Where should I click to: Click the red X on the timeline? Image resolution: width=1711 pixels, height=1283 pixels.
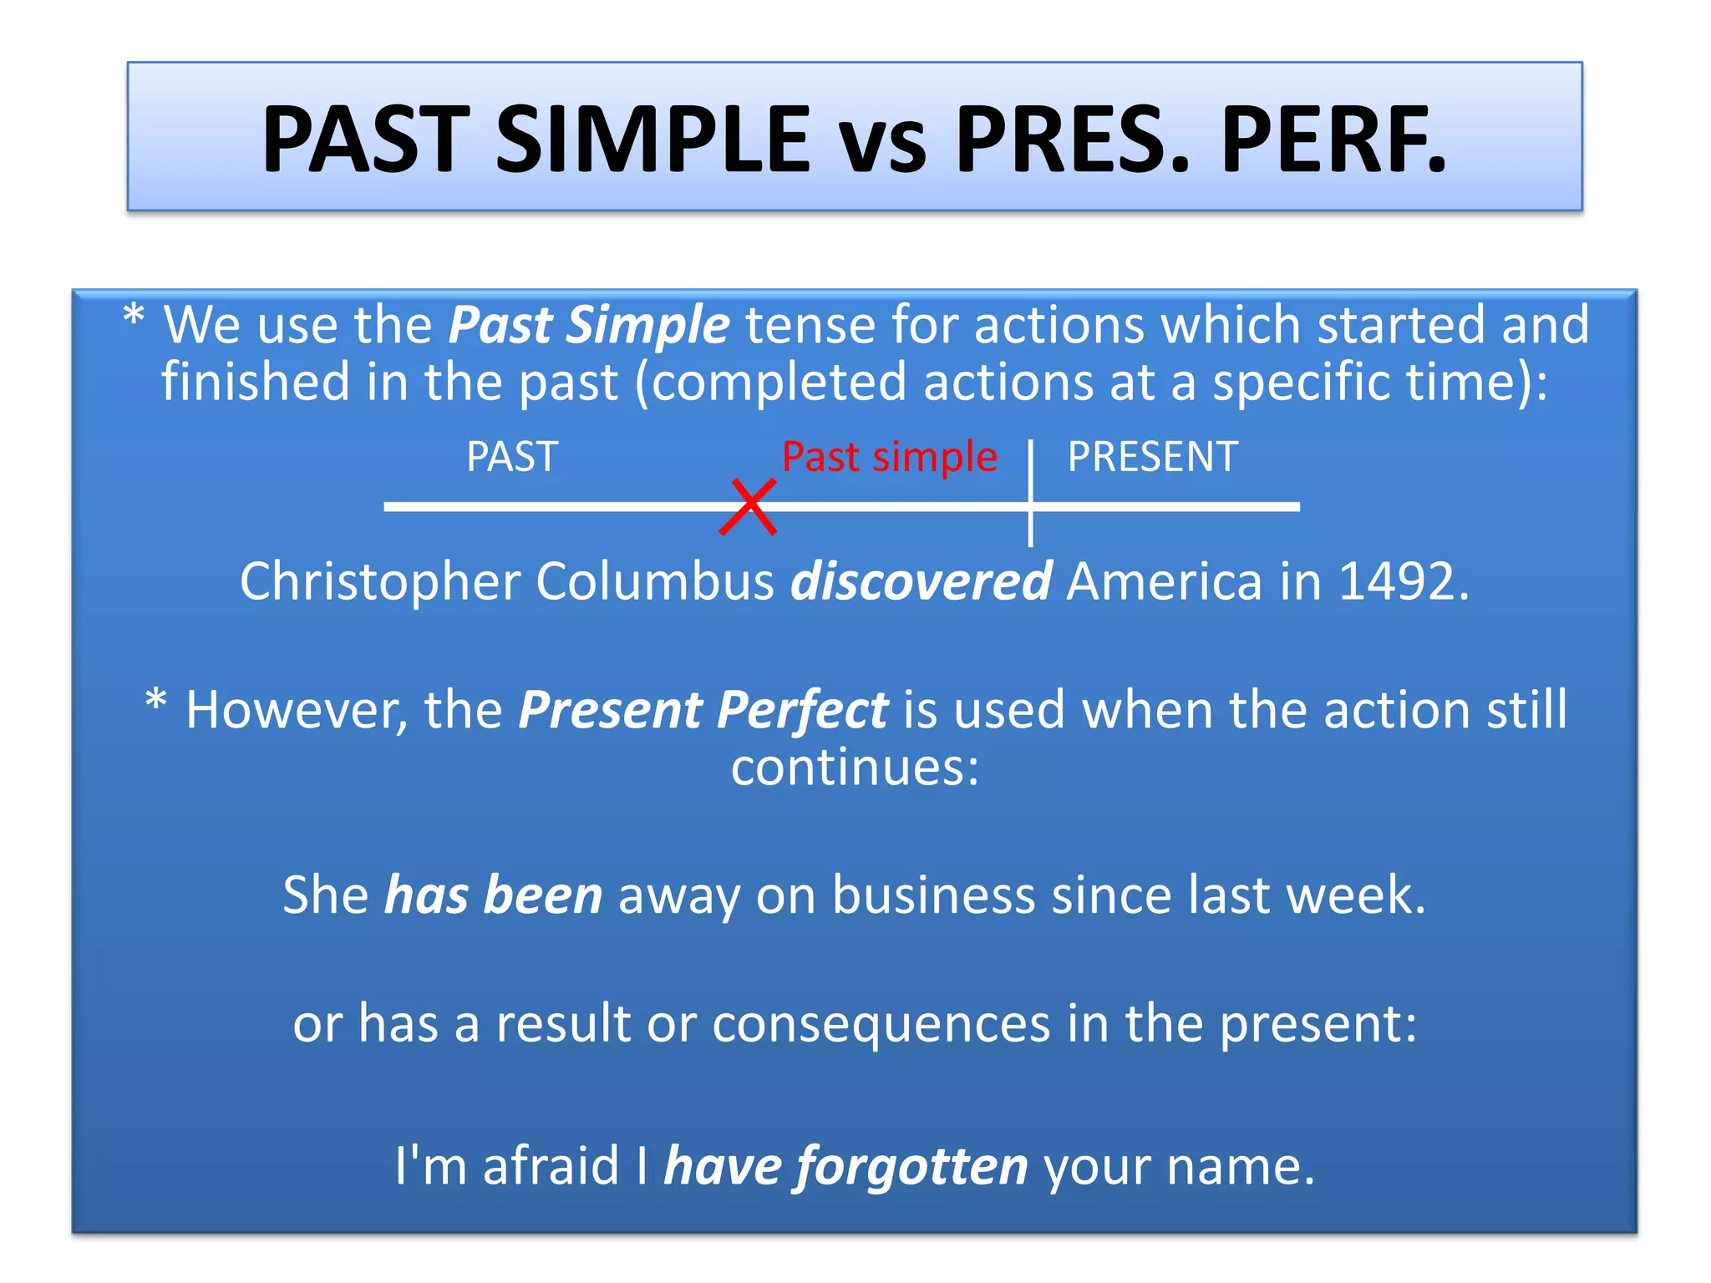tap(749, 507)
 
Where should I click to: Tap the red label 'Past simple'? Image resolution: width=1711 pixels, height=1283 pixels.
tap(889, 457)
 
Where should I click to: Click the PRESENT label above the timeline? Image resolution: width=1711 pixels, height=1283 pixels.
tap(1152, 457)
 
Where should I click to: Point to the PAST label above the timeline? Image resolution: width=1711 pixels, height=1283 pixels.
tap(512, 457)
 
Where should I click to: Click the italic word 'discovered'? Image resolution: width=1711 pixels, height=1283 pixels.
tap(921, 581)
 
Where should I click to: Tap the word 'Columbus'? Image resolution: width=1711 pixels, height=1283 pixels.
tap(655, 581)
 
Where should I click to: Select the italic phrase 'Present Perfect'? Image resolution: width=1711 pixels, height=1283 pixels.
tap(703, 711)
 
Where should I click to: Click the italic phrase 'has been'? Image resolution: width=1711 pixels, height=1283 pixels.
tap(493, 895)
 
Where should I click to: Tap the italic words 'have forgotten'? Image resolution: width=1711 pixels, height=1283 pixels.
tap(845, 1166)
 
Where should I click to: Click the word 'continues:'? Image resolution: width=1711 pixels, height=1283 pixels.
tap(855, 767)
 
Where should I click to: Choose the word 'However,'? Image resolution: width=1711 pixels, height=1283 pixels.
tap(297, 711)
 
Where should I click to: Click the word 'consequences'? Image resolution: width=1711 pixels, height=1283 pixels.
tap(881, 1024)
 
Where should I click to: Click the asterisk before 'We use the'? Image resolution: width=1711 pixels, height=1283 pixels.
tap(134, 317)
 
